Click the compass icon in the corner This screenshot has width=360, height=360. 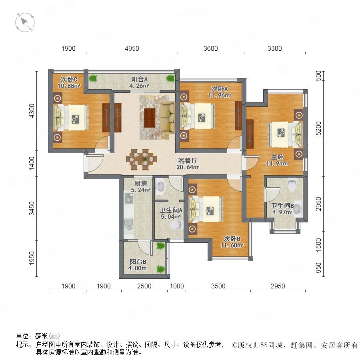25,22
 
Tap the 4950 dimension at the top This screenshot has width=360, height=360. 132,48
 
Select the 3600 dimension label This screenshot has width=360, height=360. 210,48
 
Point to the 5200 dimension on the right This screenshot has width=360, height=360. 318,128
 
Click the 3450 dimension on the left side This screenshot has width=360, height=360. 32,208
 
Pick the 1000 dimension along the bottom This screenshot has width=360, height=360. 176,286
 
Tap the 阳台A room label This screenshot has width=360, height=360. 139,80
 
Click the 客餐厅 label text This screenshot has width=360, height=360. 188,160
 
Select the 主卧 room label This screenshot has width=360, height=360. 277,157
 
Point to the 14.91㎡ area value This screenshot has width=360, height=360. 277,164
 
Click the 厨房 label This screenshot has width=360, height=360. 140,184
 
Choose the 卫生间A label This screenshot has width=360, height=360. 171,210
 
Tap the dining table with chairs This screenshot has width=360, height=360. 142,160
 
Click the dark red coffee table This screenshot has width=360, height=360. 150,118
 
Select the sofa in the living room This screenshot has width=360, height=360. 167,117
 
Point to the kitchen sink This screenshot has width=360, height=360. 128,222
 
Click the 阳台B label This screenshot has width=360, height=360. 138,262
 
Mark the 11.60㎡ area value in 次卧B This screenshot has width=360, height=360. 232,245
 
